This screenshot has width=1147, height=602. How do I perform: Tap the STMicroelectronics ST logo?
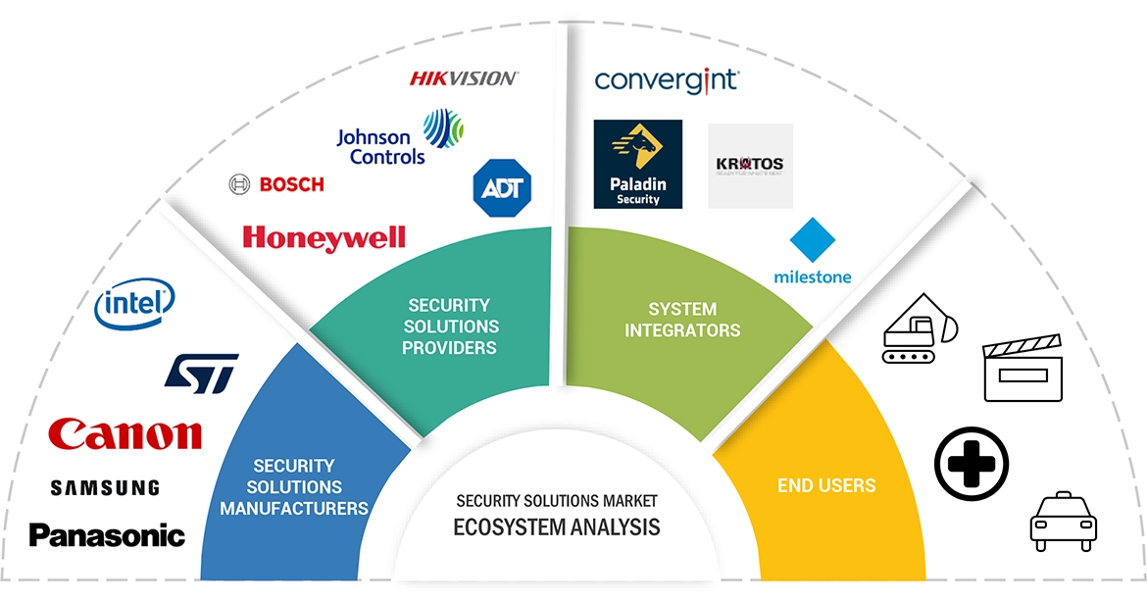coord(201,374)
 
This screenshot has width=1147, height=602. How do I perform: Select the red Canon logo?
coord(125,433)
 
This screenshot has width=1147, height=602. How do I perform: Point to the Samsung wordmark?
coord(105,487)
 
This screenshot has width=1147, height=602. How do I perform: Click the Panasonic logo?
coord(107,535)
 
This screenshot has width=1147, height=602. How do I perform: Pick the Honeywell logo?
coord(324,237)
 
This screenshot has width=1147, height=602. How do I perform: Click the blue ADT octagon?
coord(502,186)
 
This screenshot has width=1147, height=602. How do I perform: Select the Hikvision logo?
coord(464,78)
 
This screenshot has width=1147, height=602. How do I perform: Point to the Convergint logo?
coord(667,80)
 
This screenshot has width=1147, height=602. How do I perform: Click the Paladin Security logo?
coord(637,164)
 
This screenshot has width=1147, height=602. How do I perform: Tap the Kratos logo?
coord(750,165)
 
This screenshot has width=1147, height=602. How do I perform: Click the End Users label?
coord(826,485)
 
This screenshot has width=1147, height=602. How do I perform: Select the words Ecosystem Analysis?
coord(556,527)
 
